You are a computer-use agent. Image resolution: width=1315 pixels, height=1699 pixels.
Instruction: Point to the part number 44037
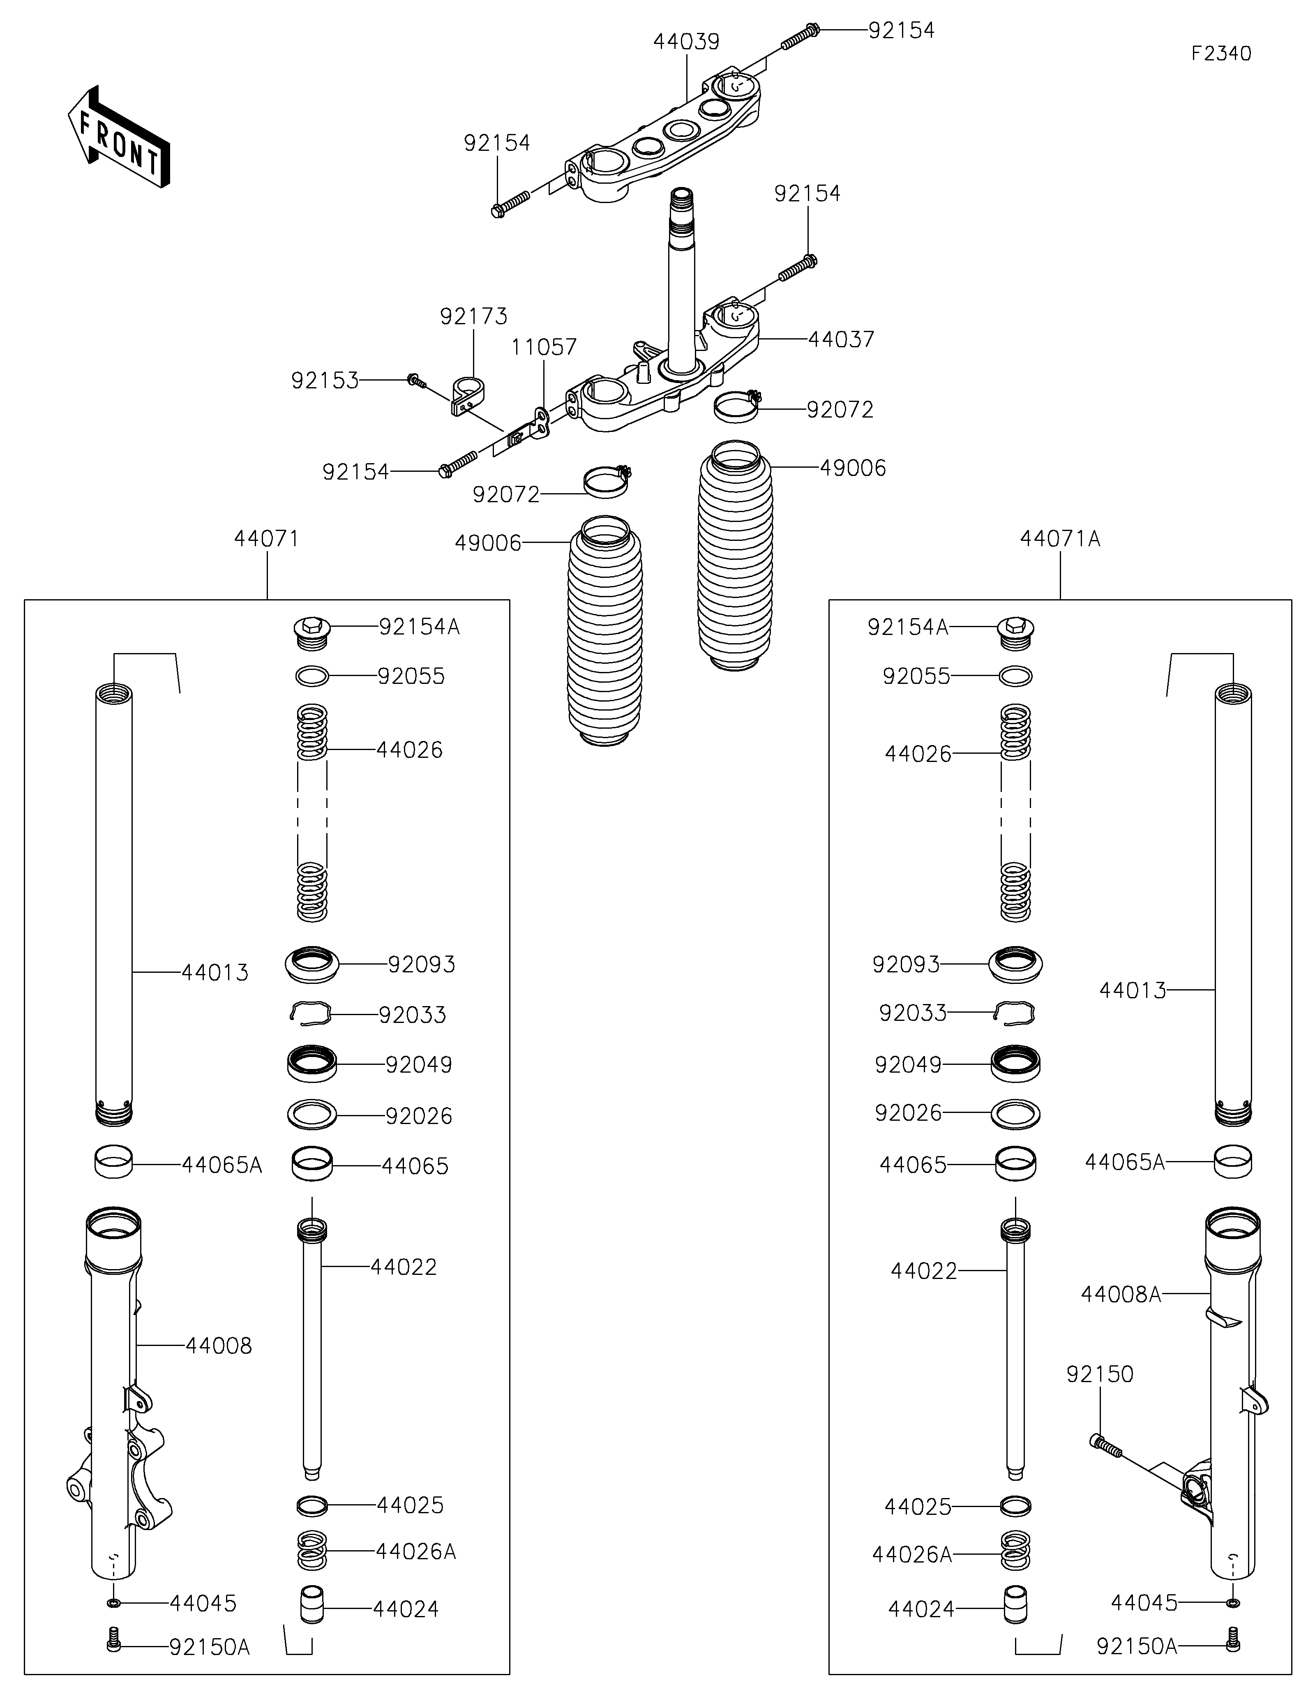tap(842, 339)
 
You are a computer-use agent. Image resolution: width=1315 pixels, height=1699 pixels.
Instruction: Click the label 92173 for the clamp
tap(473, 316)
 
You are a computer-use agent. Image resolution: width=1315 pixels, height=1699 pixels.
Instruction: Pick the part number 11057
tap(544, 347)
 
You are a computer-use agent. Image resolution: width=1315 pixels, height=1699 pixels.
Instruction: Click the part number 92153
tap(325, 381)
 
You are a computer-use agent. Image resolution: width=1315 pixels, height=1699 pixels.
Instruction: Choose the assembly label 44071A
tap(1060, 538)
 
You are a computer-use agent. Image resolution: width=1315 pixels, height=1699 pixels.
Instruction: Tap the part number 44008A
tap(1121, 1295)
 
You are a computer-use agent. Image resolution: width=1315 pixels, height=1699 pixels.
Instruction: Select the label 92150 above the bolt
tap(1100, 1375)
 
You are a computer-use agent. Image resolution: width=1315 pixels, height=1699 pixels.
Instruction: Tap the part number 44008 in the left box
tap(219, 1346)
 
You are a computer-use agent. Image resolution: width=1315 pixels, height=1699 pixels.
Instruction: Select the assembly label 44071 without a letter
tap(267, 538)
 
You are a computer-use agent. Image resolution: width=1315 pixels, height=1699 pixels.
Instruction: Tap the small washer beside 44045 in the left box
tap(113, 1604)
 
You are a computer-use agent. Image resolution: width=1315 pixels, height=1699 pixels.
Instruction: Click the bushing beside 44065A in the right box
tap(1233, 1162)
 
